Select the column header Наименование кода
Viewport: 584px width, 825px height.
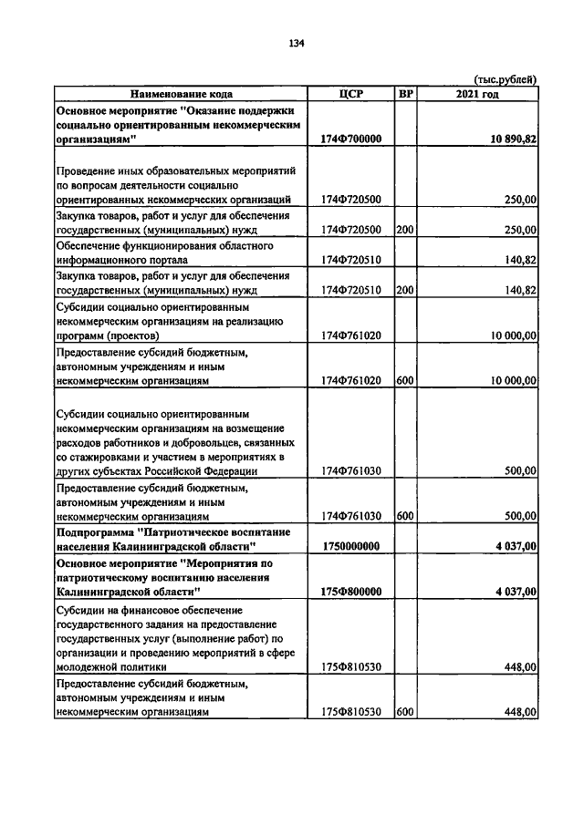click(181, 94)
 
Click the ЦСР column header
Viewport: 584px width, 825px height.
click(351, 94)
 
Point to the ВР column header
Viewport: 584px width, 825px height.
click(406, 94)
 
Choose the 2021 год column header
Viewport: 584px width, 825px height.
click(477, 94)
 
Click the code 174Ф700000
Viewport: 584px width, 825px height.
click(351, 139)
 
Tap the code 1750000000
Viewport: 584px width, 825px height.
click(351, 546)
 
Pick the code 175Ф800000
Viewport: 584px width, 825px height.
click(351, 592)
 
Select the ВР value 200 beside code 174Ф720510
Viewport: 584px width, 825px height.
click(406, 290)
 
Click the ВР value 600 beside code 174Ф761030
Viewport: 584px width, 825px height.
click(406, 516)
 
